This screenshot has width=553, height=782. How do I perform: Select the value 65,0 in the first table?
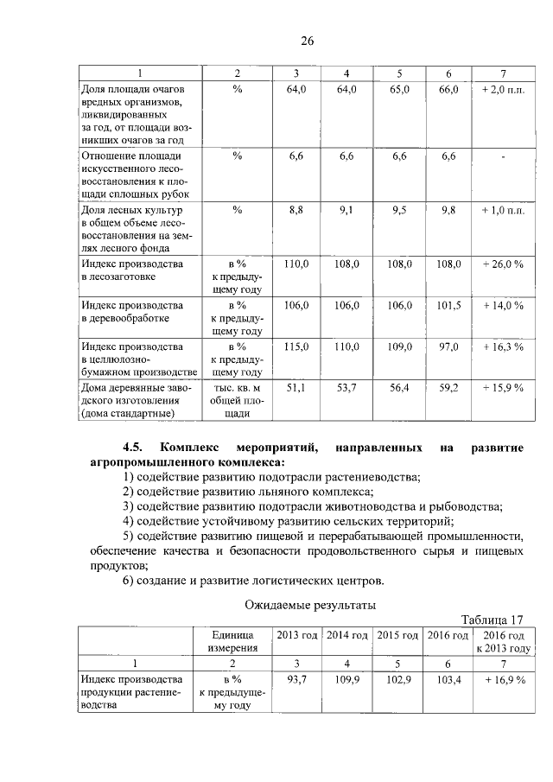[x=401, y=89]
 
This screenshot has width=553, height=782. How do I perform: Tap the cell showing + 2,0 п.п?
[x=503, y=89]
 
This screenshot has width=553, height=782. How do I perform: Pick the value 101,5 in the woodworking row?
[x=448, y=305]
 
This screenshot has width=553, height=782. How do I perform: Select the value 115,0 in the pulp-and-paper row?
[x=296, y=346]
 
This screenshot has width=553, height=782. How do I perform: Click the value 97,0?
[x=448, y=346]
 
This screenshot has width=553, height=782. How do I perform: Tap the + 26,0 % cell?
[x=503, y=264]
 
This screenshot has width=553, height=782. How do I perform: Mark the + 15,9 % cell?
[x=503, y=388]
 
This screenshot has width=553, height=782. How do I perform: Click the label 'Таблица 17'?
[x=493, y=620]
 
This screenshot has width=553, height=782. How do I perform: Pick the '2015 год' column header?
[x=401, y=635]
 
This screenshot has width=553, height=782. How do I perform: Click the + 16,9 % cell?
[x=503, y=680]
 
